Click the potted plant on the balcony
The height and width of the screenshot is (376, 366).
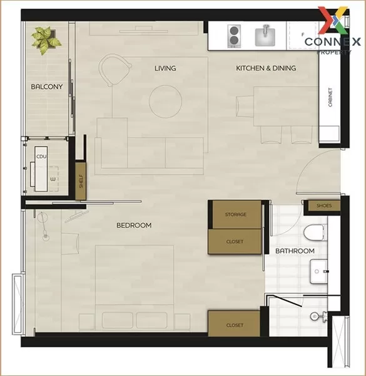coord(46,40)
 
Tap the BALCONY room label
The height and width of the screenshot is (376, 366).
coord(47,86)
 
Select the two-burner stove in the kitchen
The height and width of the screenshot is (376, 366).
coord(234,36)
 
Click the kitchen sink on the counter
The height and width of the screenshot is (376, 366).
coord(265,36)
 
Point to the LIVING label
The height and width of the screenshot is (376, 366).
coord(165,68)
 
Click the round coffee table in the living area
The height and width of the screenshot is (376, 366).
coord(165,102)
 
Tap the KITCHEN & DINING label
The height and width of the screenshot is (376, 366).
coord(266,68)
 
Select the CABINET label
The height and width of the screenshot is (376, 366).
coord(330,97)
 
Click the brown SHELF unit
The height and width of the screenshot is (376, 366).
coord(81,181)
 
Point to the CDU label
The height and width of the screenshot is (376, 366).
coord(41,157)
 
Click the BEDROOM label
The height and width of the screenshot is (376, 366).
coord(134,226)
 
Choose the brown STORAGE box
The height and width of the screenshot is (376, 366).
coord(236,214)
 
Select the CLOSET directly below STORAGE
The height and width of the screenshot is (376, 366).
coord(235,241)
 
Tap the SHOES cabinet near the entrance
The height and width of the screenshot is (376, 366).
coord(324,206)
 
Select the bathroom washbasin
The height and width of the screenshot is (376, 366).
coord(318,271)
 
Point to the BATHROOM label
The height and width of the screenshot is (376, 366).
coord(295,251)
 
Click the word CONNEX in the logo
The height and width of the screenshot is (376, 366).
coord(332,42)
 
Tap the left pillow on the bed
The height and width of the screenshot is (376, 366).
coord(118,320)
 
